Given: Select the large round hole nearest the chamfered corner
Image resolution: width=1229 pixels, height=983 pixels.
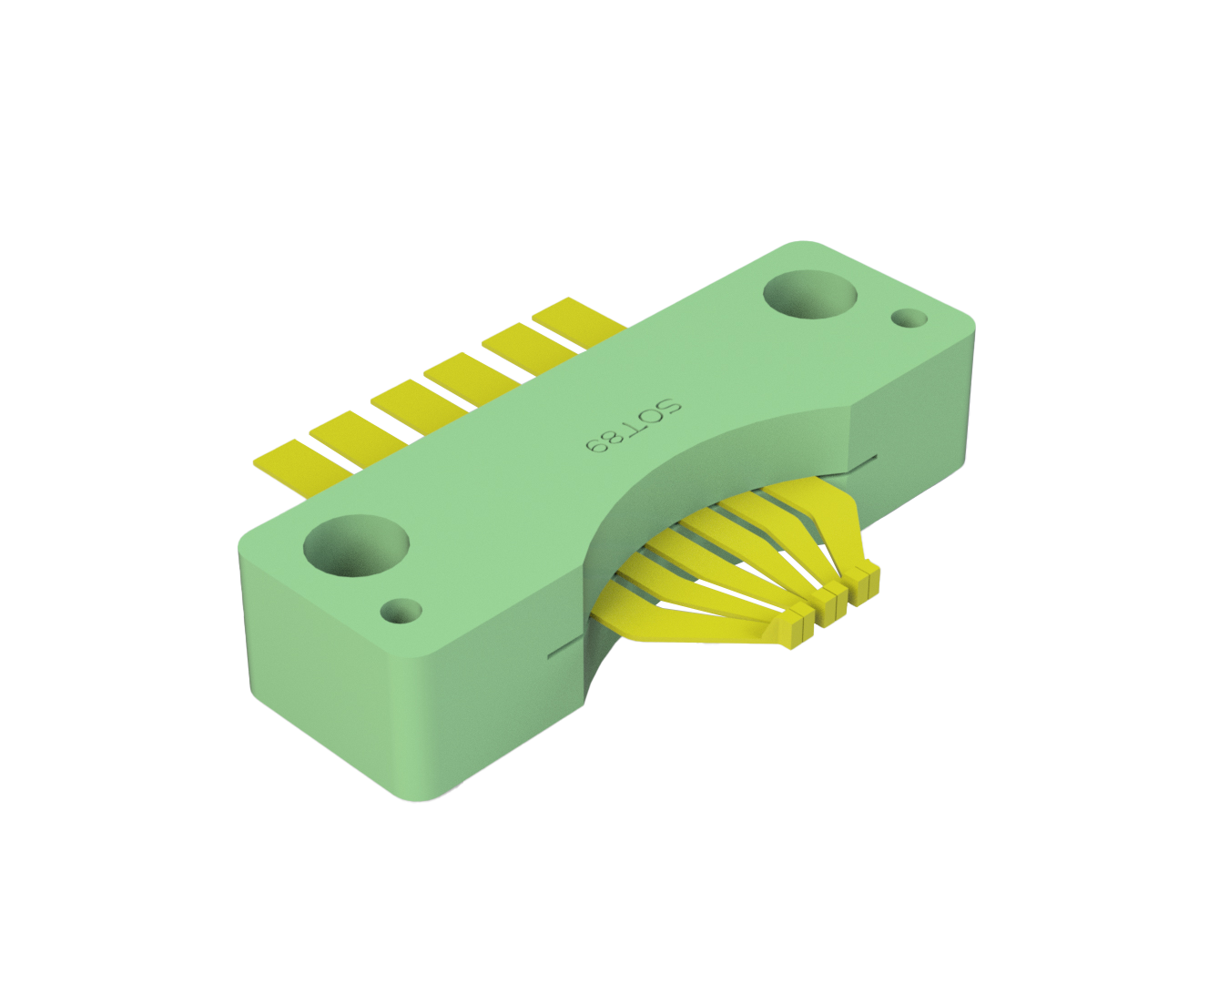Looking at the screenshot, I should [x=809, y=295].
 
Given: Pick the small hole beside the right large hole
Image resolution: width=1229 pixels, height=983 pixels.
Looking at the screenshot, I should [x=909, y=319].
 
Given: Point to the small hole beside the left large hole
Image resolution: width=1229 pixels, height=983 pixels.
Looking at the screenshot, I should [x=401, y=611].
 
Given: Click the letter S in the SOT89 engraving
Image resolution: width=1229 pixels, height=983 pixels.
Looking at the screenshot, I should [x=668, y=408].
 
